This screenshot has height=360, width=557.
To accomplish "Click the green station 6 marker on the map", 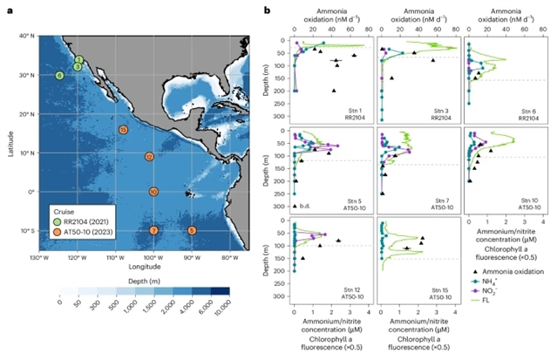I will [x=59, y=76].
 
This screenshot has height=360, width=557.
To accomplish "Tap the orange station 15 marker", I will [x=124, y=130].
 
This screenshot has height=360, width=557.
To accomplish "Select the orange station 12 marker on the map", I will [x=150, y=157].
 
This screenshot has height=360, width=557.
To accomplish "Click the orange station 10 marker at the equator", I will [x=153, y=192].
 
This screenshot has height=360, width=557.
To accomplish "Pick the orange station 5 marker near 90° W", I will [x=192, y=230].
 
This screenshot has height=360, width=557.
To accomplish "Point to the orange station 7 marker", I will [x=153, y=230].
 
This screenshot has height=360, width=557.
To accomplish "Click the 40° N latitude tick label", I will [x=26, y=36].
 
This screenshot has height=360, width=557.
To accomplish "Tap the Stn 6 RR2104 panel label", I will [x=527, y=117].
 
